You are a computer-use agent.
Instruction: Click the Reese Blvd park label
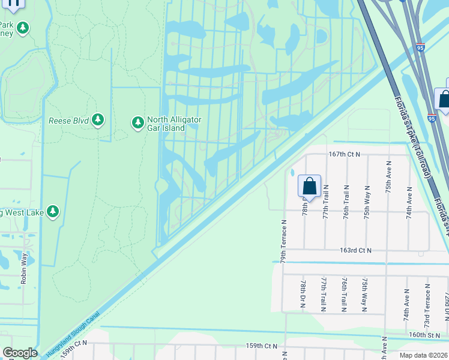(x=68, y=121)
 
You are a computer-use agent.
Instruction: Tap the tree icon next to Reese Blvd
(x=98, y=121)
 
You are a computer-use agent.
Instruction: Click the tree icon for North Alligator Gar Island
(x=137, y=123)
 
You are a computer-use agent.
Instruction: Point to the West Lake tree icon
(x=53, y=211)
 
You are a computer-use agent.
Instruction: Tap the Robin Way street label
(x=25, y=268)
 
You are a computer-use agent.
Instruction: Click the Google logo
(x=20, y=353)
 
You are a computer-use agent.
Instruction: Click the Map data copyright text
(x=423, y=355)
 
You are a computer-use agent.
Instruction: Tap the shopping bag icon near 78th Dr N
(x=309, y=185)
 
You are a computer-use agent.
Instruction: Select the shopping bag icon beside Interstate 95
(x=444, y=100)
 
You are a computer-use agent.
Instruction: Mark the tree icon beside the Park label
(x=23, y=28)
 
